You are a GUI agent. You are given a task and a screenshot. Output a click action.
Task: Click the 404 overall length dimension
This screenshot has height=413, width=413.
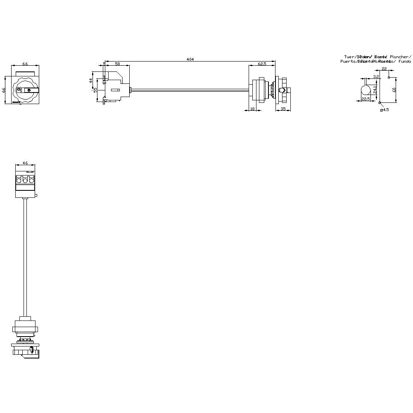190,59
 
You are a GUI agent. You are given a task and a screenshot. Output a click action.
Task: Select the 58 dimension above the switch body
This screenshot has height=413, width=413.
117,64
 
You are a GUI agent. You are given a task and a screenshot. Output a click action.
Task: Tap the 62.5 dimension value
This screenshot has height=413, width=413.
261,64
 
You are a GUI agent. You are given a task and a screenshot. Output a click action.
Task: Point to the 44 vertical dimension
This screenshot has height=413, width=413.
91,81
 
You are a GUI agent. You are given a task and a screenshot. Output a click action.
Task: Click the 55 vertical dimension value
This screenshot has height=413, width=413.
95,90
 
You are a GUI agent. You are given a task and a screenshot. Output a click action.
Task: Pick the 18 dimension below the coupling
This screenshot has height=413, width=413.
252,109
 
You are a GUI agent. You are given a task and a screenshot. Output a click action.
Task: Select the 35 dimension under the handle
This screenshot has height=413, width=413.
283,109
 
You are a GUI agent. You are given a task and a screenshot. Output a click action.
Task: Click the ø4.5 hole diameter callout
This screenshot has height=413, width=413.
385,109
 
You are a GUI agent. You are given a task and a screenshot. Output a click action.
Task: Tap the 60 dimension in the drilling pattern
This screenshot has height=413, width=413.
394,89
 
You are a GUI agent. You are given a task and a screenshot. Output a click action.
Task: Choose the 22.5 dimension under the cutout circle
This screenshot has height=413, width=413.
366,99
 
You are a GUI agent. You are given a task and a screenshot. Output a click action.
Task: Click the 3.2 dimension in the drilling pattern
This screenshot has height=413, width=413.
376,76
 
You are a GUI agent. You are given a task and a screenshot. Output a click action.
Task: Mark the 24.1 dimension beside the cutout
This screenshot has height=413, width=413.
375,89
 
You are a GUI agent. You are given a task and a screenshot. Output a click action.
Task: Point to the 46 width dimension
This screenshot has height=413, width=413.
25,163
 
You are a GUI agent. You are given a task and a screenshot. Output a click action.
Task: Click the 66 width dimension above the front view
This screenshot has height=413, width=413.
25,64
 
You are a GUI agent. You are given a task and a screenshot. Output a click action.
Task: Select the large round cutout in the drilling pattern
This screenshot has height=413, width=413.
366,90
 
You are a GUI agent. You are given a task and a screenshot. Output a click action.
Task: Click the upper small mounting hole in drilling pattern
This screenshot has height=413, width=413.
389,77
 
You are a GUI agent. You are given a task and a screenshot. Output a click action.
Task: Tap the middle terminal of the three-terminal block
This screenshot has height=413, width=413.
25,180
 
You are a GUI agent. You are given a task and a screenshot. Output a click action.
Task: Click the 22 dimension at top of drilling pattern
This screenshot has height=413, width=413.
384,69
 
